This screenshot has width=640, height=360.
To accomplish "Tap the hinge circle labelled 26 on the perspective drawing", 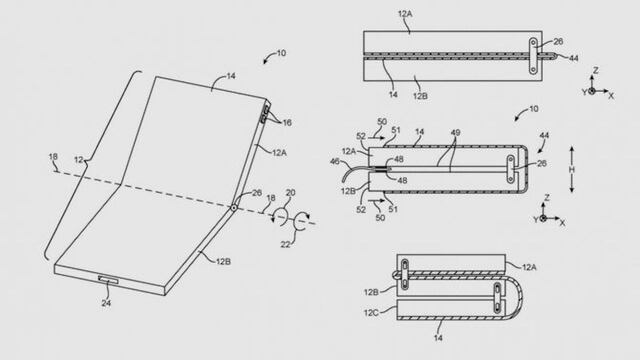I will (232, 208).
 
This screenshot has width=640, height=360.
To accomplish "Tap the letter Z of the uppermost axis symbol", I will (596, 71).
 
